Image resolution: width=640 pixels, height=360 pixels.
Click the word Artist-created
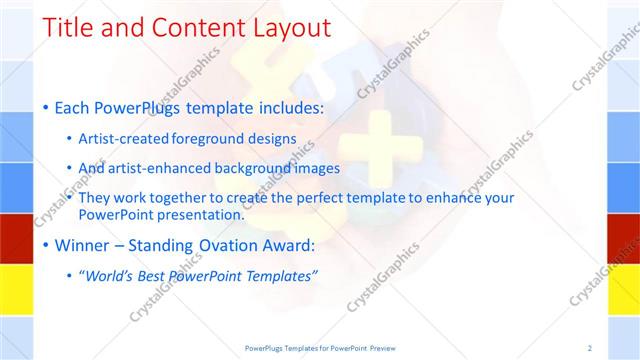[x=123, y=139]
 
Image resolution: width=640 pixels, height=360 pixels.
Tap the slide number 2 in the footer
[x=589, y=347]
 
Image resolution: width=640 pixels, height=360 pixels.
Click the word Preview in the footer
[x=388, y=347]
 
